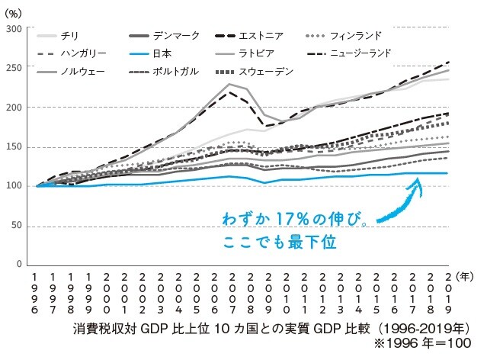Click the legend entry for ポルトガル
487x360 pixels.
coord(165,72)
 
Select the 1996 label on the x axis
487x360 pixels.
coord(36,292)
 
